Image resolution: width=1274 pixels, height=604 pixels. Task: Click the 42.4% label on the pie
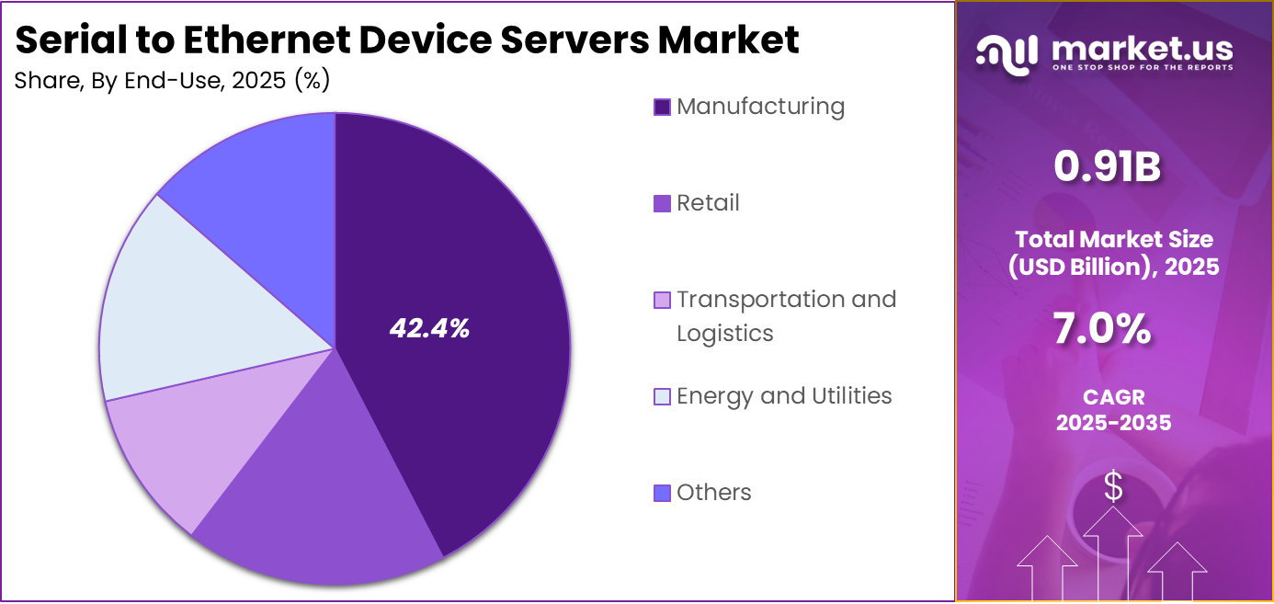click(429, 328)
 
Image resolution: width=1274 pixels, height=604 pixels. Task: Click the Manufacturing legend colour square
click(662, 107)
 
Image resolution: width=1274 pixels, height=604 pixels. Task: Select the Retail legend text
click(708, 203)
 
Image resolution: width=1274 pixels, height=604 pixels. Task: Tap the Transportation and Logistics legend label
click(786, 315)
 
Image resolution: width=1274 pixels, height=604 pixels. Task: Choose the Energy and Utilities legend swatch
click(662, 396)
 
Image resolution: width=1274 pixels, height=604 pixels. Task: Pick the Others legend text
click(714, 493)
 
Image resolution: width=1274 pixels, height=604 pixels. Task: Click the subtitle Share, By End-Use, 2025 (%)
click(172, 81)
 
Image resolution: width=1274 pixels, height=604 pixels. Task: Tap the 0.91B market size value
click(1107, 167)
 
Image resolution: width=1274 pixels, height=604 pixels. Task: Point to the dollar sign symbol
click(1113, 487)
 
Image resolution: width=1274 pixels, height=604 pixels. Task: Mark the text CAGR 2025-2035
click(1113, 410)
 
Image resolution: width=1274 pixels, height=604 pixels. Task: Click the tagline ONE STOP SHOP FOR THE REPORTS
click(1142, 67)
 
